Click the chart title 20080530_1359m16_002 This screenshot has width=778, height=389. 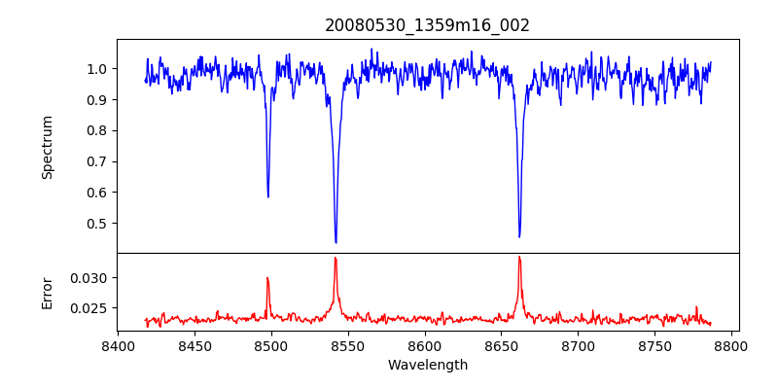(x=427, y=25)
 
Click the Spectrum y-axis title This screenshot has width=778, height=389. (x=47, y=148)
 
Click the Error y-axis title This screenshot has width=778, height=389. (x=47, y=294)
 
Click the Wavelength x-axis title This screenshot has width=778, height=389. (x=428, y=366)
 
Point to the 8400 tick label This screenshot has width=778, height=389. (x=118, y=345)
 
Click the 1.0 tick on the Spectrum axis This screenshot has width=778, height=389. (x=99, y=68)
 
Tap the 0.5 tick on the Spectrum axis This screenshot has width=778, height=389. (x=99, y=224)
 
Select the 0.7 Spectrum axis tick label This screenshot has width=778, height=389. (x=99, y=161)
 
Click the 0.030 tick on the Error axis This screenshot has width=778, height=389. (x=89, y=278)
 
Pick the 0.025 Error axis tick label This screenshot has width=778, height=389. (x=89, y=308)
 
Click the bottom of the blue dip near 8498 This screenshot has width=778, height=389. (x=268, y=197)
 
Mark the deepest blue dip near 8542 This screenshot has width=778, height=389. (x=336, y=242)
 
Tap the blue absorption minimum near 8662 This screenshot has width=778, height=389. (x=519, y=236)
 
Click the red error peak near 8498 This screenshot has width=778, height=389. (x=267, y=278)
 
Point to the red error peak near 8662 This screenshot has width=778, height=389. (x=519, y=257)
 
